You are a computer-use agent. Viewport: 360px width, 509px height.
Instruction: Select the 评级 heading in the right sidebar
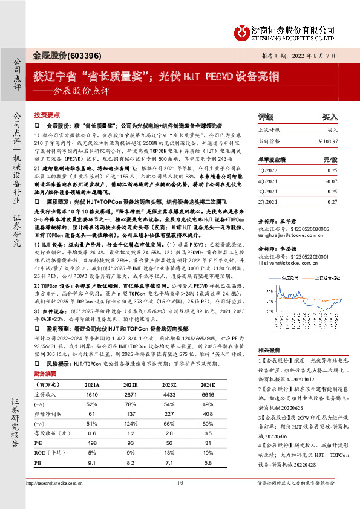266,117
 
